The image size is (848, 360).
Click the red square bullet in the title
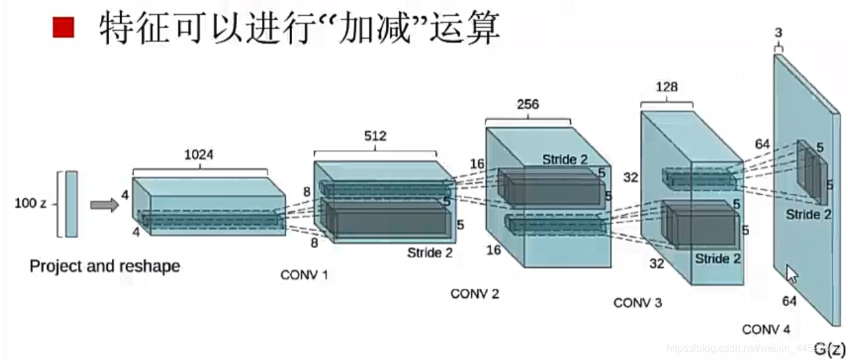coord(64,28)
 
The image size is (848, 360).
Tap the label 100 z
coord(30,204)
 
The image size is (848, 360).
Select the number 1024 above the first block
coord(199,156)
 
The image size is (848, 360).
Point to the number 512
coord(375,136)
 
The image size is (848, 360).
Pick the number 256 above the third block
coord(527,105)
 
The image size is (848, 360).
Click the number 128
coord(666,87)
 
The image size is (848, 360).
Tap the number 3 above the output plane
coord(778,33)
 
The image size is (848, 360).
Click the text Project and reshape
coord(105,266)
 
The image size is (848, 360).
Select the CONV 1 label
coord(304,275)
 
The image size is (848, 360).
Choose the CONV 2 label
coord(475,294)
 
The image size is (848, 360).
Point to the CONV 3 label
coord(637,302)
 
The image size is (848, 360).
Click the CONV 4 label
coord(766,330)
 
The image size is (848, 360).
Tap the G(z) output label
coord(829,350)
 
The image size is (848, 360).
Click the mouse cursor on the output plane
coord(791,273)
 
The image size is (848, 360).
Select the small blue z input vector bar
coord(71,204)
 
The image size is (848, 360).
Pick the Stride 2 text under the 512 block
coord(430,253)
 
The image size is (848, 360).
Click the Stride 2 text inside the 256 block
coord(566,160)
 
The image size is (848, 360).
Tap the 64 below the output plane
coord(789,301)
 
